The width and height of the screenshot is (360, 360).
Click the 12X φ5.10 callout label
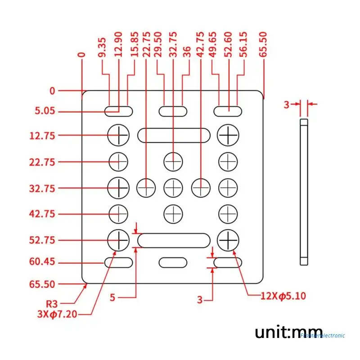point(283,296)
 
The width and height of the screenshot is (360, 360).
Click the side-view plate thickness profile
point(304,191)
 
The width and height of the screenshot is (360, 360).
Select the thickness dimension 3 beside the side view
point(286,105)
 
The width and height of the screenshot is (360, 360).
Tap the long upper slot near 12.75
point(174,135)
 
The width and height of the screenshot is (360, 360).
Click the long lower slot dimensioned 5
point(174,240)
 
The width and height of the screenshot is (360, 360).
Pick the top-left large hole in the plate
point(118,135)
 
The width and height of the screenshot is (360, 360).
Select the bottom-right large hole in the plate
point(229,240)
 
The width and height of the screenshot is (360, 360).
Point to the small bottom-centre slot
point(173,262)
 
